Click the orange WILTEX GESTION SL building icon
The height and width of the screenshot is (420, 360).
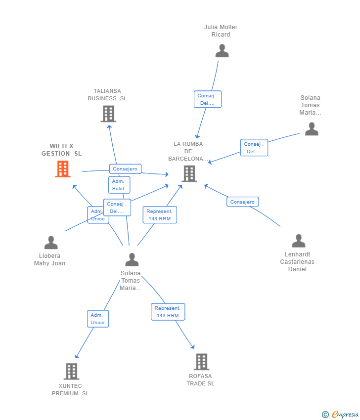63,169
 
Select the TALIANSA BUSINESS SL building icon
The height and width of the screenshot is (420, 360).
108,114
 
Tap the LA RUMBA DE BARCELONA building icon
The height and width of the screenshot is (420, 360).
189,173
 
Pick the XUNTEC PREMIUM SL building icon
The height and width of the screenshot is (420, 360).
72,371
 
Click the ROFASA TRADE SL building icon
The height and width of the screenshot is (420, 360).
201,362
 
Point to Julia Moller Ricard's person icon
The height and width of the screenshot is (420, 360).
222,50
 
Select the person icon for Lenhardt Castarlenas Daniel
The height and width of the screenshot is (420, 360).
298,241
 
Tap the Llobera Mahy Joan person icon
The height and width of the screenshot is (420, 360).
51,243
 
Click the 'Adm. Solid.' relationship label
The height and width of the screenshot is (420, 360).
119,185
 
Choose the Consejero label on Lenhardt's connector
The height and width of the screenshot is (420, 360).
242,202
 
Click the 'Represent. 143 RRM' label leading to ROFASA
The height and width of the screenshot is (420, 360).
168,312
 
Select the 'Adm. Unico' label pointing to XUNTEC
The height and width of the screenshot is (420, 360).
97,319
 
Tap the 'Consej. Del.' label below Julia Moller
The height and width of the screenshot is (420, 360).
207,99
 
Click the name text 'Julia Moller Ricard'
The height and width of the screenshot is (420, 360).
221,31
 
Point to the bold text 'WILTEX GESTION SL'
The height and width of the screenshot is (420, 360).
61,150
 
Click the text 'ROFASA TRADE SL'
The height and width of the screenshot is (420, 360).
200,379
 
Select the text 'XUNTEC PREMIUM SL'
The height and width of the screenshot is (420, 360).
70,389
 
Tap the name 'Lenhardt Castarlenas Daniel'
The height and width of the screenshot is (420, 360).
297,262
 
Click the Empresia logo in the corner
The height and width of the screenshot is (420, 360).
345,415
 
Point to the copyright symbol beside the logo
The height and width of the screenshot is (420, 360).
325,415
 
